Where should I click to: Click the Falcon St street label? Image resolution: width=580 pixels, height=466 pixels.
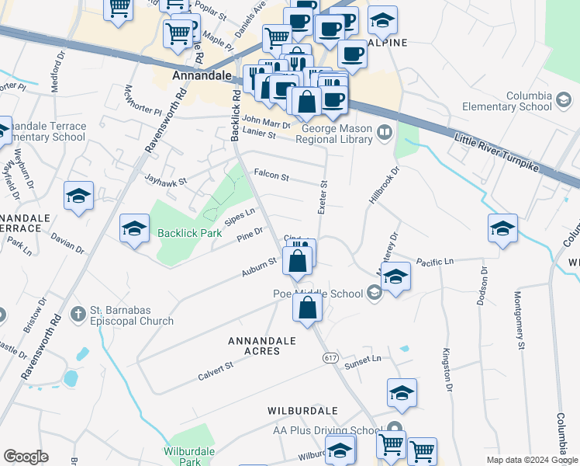(271, 176)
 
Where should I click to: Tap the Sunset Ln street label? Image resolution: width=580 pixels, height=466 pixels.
(364, 360)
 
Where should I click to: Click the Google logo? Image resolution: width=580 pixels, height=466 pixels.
(26, 457)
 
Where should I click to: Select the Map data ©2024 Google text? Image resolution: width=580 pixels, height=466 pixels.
(531, 460)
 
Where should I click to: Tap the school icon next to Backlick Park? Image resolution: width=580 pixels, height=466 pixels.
(134, 229)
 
